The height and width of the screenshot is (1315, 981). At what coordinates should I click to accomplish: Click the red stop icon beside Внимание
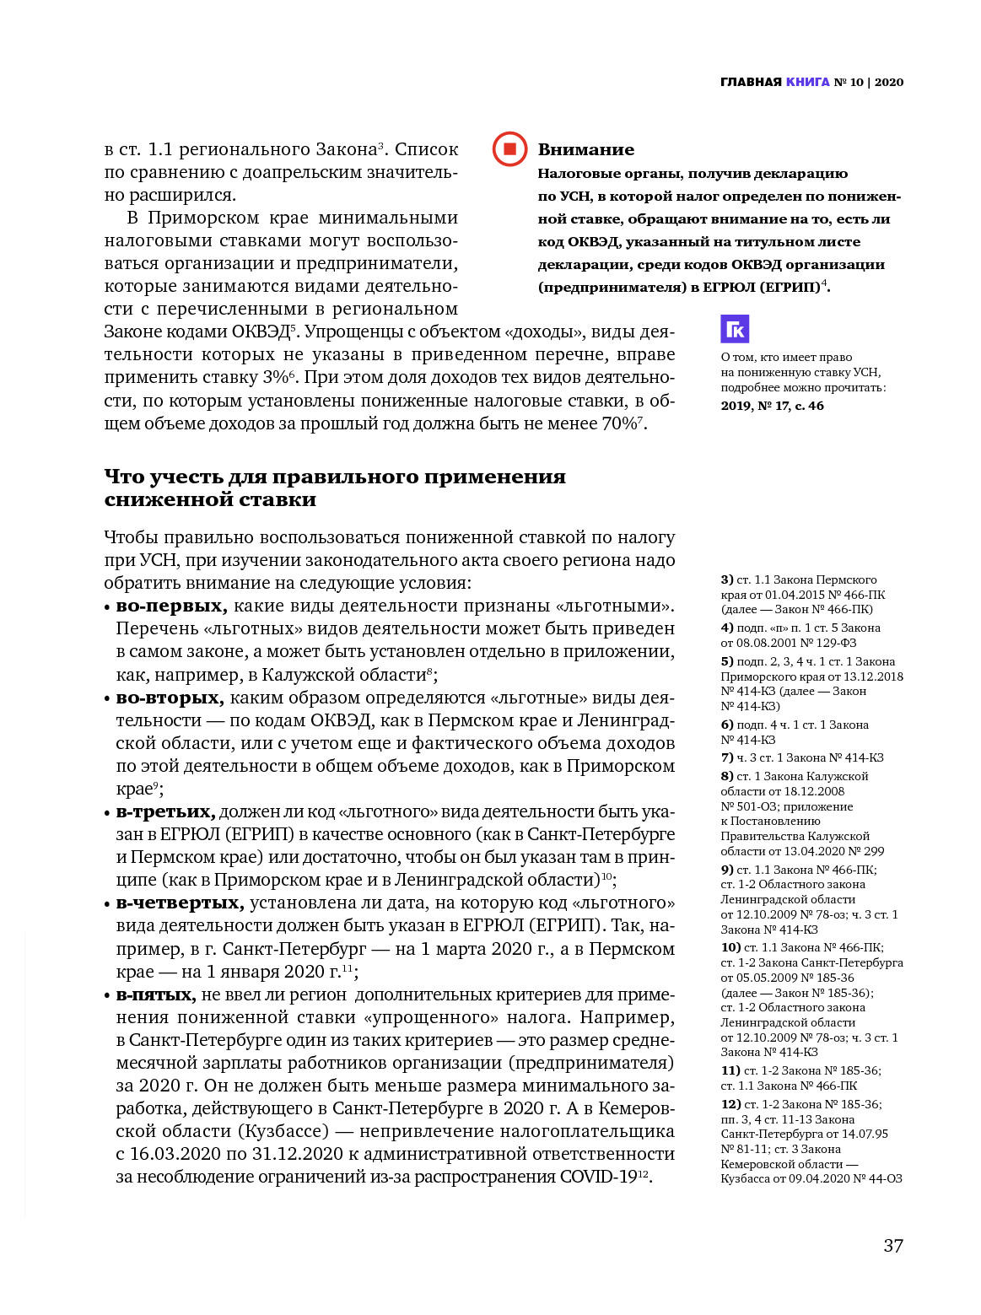[x=509, y=149]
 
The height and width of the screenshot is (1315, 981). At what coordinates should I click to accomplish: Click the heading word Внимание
[x=585, y=150]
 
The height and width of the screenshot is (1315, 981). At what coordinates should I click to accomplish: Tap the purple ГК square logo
[x=735, y=329]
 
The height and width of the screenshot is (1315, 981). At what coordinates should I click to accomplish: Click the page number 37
[x=892, y=1246]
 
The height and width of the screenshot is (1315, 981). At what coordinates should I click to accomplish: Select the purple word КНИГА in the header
[x=807, y=82]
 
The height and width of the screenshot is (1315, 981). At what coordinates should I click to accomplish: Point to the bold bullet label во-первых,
[x=171, y=606]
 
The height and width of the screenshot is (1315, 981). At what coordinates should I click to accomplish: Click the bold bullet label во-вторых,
[x=170, y=698]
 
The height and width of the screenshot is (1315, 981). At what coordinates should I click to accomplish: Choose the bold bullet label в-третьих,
[x=165, y=811]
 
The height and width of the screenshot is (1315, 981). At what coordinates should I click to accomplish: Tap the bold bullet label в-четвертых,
[x=180, y=903]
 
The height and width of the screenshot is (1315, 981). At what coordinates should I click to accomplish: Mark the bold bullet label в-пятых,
[x=156, y=994]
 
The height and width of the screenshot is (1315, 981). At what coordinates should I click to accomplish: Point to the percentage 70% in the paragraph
[x=618, y=423]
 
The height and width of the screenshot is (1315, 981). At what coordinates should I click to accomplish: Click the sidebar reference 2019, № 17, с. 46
[x=772, y=406]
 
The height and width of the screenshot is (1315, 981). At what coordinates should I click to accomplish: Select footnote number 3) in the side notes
[x=727, y=579]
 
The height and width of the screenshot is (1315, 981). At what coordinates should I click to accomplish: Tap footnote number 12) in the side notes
[x=730, y=1104]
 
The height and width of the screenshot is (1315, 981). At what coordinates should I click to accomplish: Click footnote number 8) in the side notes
[x=727, y=776]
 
